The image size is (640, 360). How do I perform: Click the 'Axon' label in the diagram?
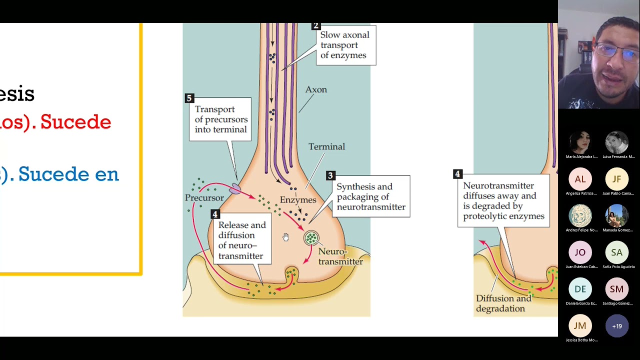tap(316, 89)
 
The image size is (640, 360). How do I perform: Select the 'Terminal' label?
tap(326, 146)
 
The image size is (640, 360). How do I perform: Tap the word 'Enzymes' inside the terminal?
tap(298, 199)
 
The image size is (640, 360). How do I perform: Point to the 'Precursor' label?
tap(204, 197)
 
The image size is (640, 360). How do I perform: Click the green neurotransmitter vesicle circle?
tap(311, 238)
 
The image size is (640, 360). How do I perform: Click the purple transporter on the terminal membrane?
tap(235, 188)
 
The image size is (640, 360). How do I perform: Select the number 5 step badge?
tap(189, 98)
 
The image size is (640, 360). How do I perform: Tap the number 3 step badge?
tap(330, 175)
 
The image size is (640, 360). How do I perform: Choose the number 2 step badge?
tap(315, 26)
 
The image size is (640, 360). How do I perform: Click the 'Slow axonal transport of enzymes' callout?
tap(345, 45)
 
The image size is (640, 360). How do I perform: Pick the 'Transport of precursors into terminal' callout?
tap(220, 119)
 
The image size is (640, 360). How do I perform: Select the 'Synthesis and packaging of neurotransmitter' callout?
tap(370, 196)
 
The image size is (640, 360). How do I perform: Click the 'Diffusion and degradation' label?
tap(503, 303)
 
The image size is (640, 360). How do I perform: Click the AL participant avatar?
tap(580, 179)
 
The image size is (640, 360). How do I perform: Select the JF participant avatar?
tap(616, 179)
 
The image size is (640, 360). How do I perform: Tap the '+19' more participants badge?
tap(616, 326)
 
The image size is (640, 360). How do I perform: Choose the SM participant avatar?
tap(616, 289)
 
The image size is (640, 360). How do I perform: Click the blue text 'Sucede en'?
tap(68, 174)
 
